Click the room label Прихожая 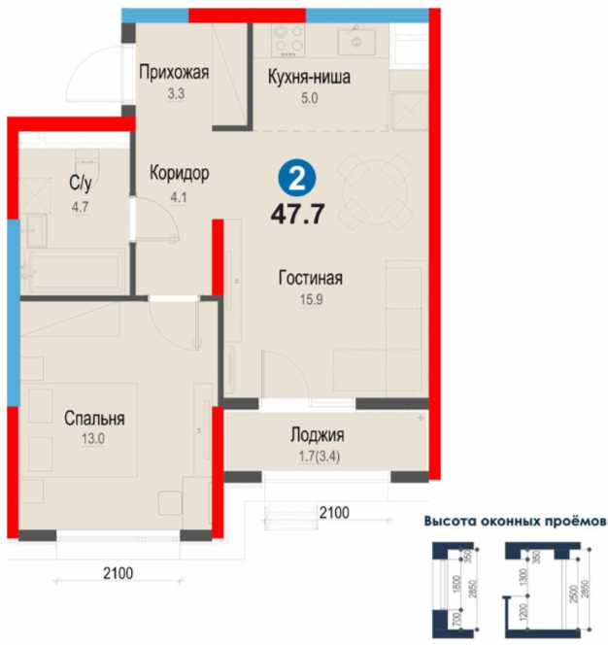174,72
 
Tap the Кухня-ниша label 309,77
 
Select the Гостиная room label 311,278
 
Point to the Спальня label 94,418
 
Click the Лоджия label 318,435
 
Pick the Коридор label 180,173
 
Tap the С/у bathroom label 81,183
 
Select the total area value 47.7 298,215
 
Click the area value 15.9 312,299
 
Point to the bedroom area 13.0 93,439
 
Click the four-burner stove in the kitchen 287,41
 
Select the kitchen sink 356,41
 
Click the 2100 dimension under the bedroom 118,573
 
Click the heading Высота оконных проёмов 516,522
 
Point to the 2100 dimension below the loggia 334,513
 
